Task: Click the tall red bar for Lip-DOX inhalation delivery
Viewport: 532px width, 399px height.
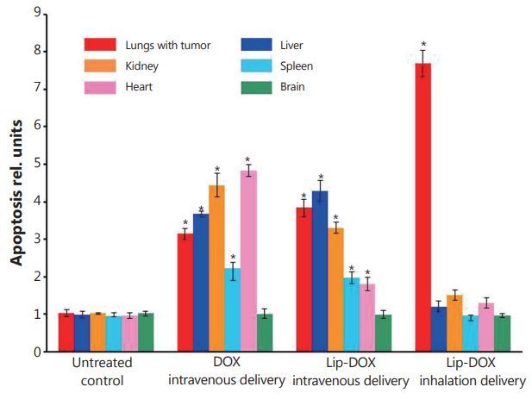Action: pos(423,207)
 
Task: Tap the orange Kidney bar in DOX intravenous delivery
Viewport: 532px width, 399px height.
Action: pos(217,268)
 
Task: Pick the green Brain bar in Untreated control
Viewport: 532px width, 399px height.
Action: pos(146,333)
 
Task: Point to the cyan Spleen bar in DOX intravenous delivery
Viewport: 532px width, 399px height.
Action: pos(232,309)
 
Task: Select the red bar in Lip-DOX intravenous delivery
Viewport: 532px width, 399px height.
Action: pos(304,279)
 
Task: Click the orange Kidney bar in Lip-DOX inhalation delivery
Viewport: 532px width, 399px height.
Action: pos(454,323)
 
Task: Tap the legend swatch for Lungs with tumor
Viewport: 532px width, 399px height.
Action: pos(101,45)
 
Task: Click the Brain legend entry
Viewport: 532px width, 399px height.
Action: pos(287,86)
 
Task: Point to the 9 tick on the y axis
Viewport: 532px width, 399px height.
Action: pos(39,13)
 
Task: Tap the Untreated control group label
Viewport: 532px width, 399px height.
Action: pos(101,373)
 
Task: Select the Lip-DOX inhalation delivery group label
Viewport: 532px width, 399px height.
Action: pos(471,373)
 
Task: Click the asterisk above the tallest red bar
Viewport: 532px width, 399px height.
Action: pos(423,45)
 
